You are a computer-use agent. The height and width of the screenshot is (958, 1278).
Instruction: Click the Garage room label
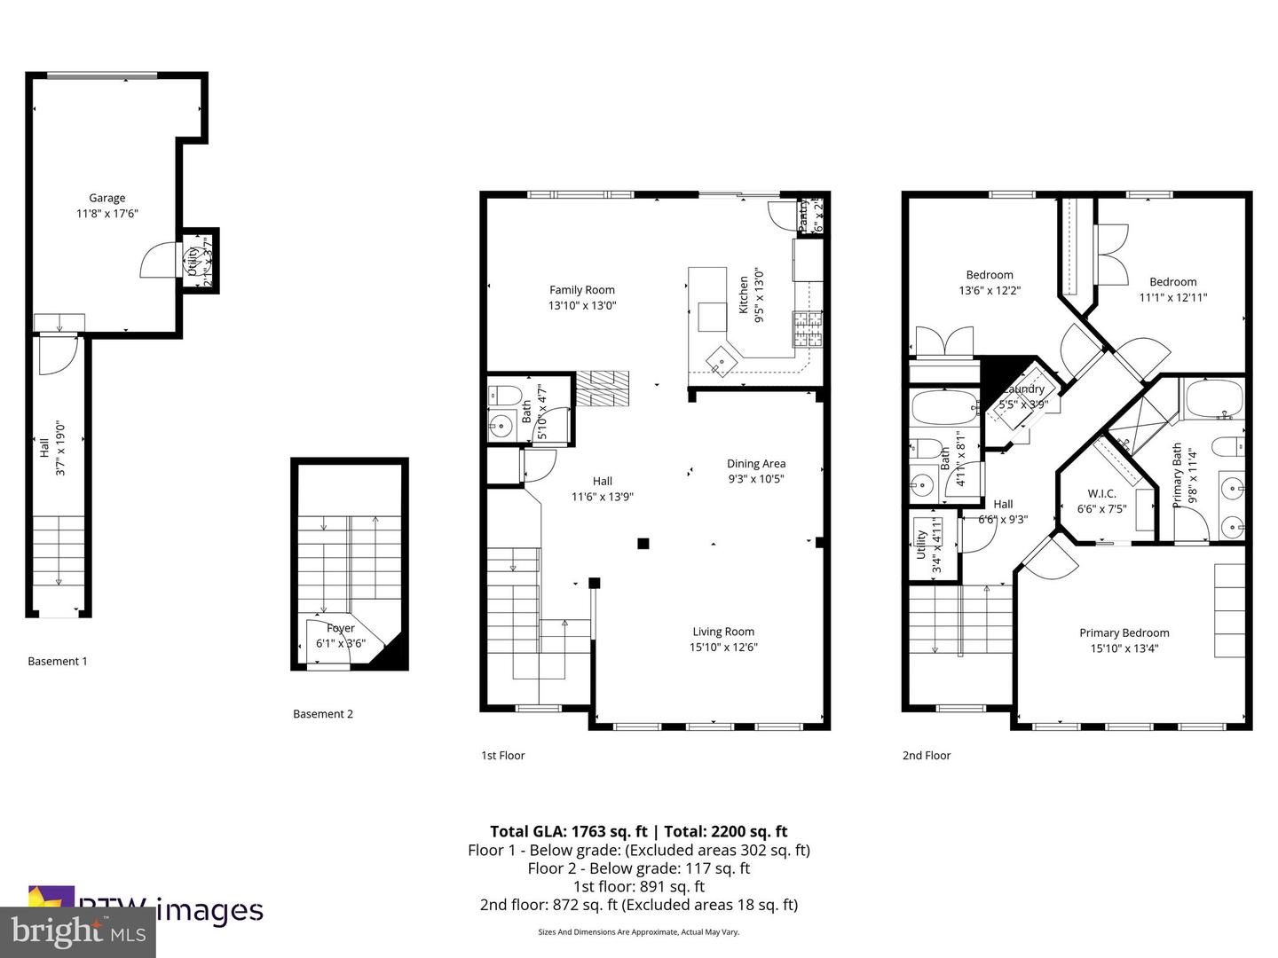point(106,198)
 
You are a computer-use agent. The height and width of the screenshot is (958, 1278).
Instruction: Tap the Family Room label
point(581,290)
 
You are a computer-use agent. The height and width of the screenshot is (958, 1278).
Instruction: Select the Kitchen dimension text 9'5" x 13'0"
point(760,295)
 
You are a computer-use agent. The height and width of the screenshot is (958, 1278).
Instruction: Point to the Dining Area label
point(755,463)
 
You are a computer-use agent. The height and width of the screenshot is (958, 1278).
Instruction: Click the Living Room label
point(723,632)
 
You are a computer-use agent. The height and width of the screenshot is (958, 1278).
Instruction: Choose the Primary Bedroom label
point(1124,632)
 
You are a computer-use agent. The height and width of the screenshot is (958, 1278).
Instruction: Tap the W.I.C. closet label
point(1101,493)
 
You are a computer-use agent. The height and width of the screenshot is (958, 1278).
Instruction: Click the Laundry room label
point(1025,389)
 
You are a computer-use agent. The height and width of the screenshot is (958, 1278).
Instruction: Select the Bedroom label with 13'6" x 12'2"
point(989,275)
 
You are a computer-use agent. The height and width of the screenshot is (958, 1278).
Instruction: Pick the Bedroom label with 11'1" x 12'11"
point(1172,282)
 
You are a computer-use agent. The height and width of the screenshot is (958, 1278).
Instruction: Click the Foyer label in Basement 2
point(341,628)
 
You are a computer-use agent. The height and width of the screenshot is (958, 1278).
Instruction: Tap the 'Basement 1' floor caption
point(58,661)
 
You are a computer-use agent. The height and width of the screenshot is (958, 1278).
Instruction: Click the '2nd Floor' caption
point(926,756)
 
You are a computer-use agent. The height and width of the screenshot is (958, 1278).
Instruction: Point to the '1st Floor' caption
point(502,756)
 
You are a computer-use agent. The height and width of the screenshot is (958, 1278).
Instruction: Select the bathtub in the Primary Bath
point(1212,398)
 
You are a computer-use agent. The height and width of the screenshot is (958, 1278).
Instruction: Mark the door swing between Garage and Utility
point(158,261)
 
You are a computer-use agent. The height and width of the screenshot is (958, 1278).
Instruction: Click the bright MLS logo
point(78,931)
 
